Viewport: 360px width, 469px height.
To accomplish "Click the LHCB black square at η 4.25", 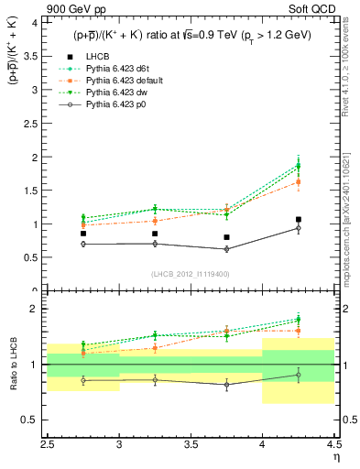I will pos(299,220).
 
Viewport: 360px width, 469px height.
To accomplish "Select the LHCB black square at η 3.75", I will pos(226,237).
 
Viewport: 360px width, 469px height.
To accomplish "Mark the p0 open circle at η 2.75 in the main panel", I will pos(83,244).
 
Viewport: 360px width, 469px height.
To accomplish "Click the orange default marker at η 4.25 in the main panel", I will pos(299,182).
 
